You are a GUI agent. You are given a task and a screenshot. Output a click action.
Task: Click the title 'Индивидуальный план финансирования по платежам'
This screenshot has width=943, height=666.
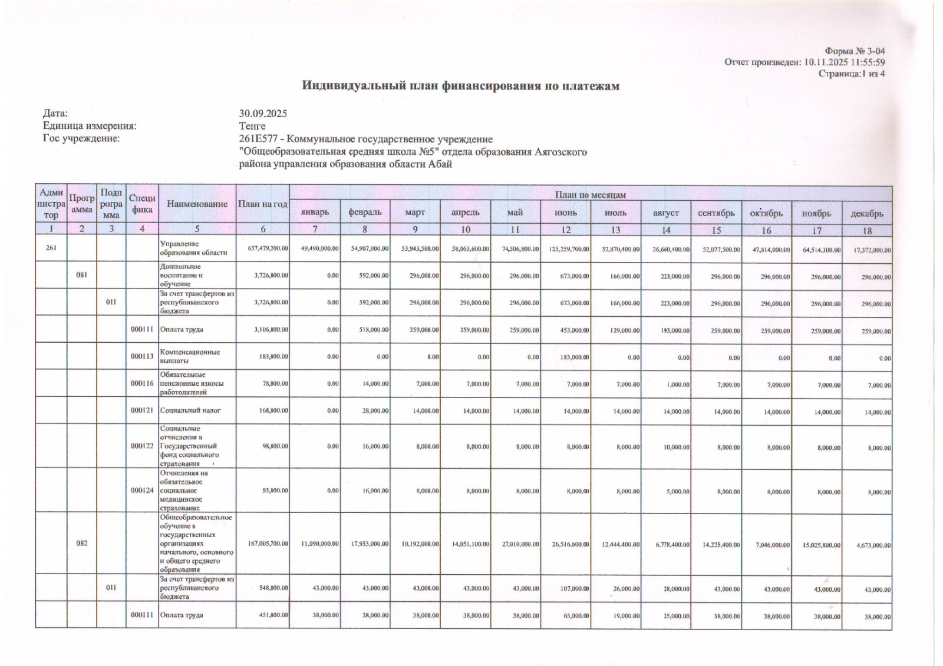(460, 86)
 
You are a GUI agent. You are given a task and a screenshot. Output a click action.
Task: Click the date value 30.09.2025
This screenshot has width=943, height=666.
(263, 114)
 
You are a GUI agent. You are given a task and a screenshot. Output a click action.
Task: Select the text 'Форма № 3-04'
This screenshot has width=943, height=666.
(855, 51)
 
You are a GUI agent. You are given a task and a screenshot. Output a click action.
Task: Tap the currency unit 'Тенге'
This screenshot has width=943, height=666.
(252, 126)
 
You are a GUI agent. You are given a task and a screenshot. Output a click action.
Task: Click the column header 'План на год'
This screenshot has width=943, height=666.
(263, 204)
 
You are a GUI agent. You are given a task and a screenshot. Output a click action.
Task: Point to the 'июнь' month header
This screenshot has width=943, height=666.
(566, 213)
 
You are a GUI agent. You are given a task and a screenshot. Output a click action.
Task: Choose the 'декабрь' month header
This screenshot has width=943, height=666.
(867, 213)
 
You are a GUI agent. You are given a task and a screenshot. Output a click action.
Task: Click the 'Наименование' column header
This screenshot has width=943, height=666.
(197, 204)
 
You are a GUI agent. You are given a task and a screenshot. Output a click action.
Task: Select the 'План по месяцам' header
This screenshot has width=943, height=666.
(590, 194)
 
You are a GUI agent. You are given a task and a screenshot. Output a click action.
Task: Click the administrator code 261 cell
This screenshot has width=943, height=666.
(51, 248)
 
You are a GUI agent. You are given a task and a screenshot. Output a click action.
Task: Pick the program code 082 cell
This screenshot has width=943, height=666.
(82, 543)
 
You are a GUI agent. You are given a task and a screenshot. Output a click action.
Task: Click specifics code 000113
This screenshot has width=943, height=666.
(142, 356)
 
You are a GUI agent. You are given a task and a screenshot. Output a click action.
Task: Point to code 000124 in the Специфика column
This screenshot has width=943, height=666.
(142, 490)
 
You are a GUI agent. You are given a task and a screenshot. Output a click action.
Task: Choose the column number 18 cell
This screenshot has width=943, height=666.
(867, 230)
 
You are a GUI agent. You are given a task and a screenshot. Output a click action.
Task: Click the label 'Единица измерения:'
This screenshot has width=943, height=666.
(90, 126)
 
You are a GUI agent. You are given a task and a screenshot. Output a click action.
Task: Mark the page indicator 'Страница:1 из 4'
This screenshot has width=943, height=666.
(852, 74)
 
